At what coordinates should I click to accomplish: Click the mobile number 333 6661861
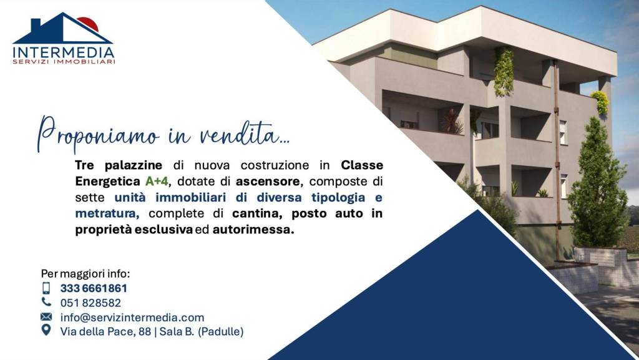point(94,288)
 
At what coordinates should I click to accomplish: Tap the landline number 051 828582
point(90,303)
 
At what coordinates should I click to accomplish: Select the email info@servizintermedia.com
point(132,318)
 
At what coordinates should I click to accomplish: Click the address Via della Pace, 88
point(105,332)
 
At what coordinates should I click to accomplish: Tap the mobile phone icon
point(46,288)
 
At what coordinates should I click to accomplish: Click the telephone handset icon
point(46,302)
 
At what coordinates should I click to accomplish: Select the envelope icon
point(46,317)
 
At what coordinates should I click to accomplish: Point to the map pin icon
point(46,330)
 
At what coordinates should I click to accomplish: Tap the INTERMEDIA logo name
point(64,52)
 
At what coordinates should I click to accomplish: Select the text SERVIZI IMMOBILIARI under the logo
point(64,62)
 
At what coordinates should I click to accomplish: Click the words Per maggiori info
point(85,274)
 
